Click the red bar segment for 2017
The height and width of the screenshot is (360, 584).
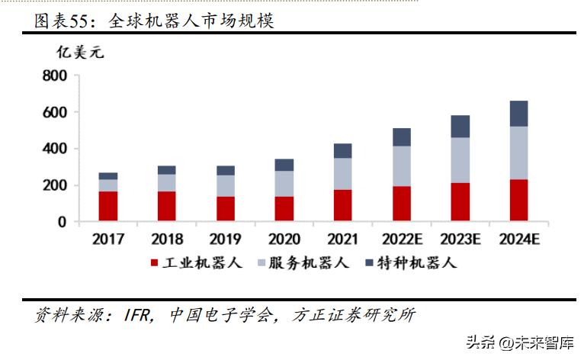point(108,206)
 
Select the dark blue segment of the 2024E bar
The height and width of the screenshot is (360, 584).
point(518,113)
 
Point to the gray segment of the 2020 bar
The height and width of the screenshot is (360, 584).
point(284,183)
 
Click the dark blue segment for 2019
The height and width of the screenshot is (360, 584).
point(226,170)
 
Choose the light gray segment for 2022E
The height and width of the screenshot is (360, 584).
point(401,166)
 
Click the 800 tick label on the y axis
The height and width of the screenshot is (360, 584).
point(56,76)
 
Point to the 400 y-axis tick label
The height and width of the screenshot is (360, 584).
point(56,148)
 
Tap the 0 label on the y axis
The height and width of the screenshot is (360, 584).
point(63,222)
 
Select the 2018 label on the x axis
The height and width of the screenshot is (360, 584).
point(167,239)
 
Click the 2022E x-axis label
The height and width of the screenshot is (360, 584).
point(401,239)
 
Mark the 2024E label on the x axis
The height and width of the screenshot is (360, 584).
point(518,239)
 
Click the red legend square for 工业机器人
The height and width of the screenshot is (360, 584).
point(154,263)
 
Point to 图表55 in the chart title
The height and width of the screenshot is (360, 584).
point(62,21)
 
